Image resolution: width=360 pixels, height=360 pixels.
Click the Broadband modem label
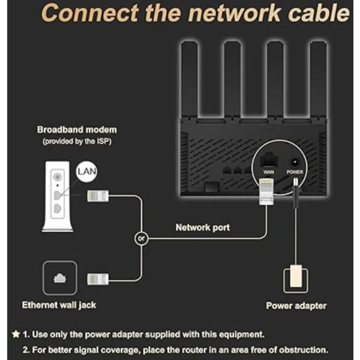(x=77, y=130)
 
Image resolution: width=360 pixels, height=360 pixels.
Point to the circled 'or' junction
(x=141, y=239)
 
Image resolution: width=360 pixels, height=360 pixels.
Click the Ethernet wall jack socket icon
(x=60, y=277)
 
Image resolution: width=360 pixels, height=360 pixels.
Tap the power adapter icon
(x=295, y=280)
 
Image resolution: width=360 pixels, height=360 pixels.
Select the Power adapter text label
(x=296, y=306)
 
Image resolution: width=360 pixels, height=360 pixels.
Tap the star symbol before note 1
(x=15, y=334)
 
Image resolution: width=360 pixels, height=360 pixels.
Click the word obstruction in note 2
(x=303, y=349)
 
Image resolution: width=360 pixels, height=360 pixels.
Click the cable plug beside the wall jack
(x=98, y=278)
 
